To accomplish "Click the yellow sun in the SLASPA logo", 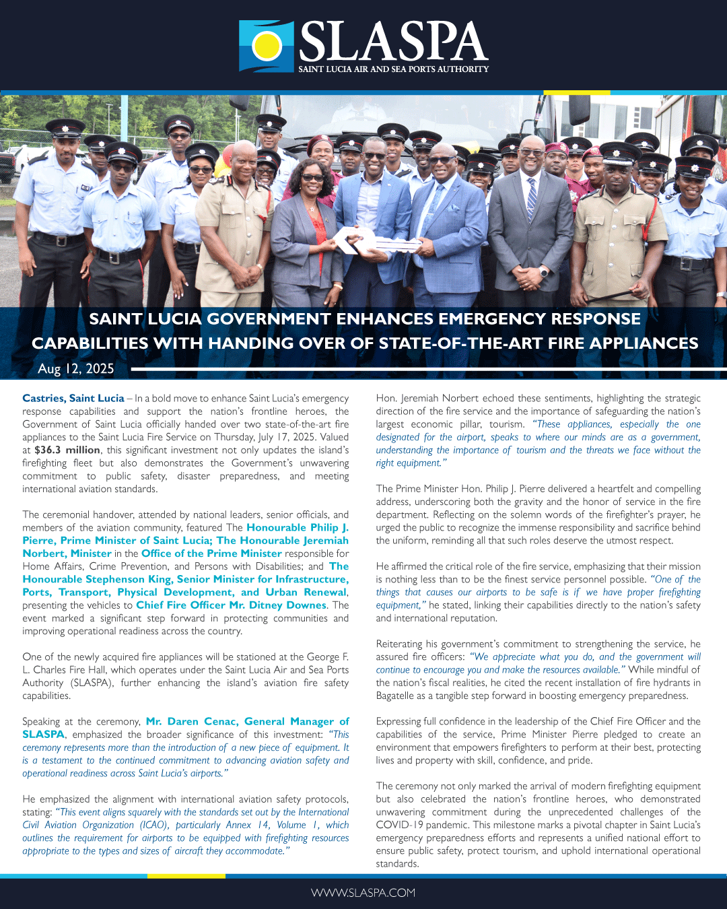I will pos(267,45).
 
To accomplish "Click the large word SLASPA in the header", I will pos(393,42).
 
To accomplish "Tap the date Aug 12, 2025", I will pos(76,368).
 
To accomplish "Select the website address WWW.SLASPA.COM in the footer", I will pos(363,892).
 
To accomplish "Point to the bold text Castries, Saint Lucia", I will pos(73,398).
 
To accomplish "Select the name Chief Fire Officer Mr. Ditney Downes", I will pos(232,605).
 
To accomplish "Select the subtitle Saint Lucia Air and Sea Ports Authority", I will pos(393,69).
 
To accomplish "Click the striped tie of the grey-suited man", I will pos(531,196).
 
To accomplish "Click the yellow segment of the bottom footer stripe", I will pos(176,876).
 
